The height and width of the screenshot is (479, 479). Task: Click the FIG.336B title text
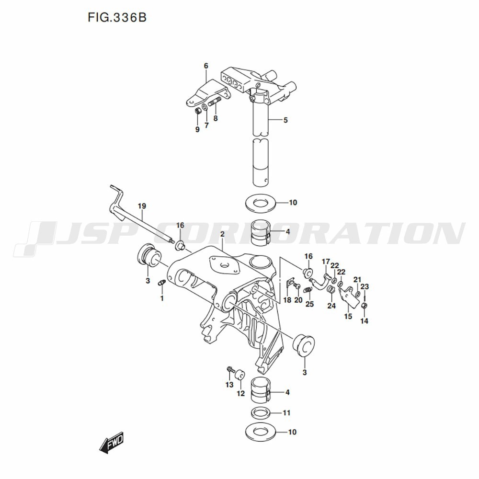[x=117, y=17]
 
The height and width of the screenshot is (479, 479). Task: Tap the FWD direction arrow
[x=112, y=442]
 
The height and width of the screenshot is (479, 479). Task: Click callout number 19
[x=142, y=206]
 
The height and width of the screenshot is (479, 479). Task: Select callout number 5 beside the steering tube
[x=285, y=120]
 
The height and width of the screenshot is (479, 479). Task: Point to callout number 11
[x=286, y=413]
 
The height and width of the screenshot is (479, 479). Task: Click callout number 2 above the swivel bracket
[x=222, y=234]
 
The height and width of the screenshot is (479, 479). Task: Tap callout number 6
[x=206, y=66]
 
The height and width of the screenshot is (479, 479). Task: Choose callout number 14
[x=364, y=321]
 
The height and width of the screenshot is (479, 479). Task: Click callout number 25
[x=309, y=304]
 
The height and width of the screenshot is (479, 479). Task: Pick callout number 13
[x=229, y=385]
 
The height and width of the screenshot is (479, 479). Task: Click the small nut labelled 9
[x=198, y=111]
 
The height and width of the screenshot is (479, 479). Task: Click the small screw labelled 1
[x=161, y=284]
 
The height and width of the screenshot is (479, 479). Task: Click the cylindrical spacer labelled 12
[x=240, y=374]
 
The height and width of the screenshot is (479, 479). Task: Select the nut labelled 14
[x=364, y=306]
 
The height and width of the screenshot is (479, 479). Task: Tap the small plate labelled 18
[x=290, y=283]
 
